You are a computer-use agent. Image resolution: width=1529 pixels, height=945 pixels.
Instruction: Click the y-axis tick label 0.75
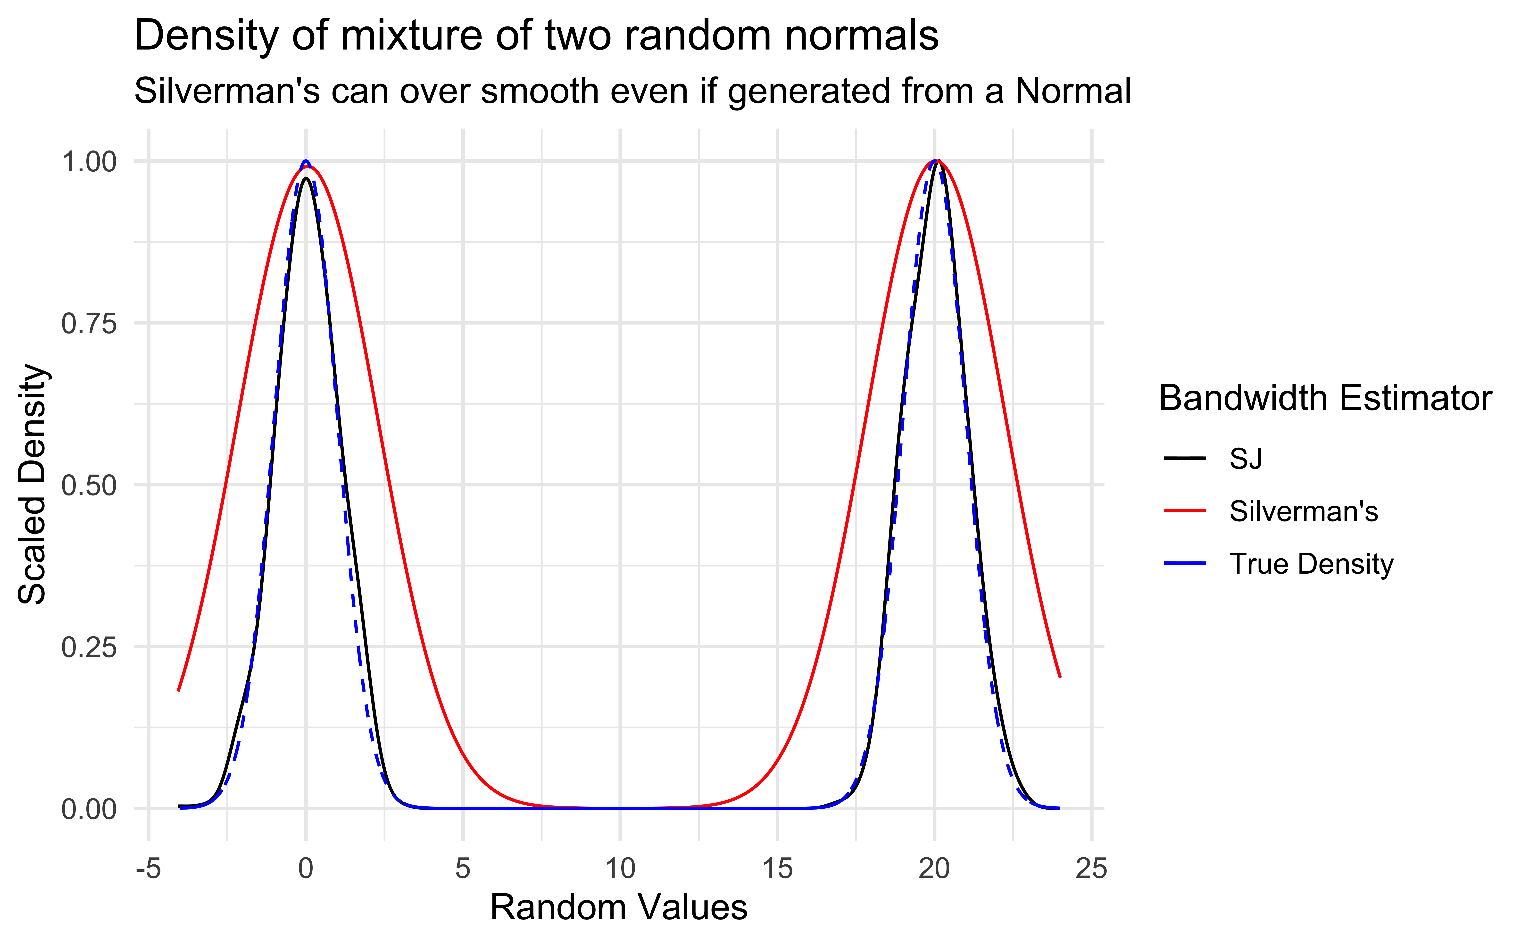[x=89, y=324]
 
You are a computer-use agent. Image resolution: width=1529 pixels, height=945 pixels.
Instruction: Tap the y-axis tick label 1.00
[x=89, y=162]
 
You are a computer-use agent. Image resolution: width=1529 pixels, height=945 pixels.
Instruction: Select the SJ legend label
[x=1245, y=459]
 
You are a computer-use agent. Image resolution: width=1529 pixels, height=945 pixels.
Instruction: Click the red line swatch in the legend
[x=1185, y=511]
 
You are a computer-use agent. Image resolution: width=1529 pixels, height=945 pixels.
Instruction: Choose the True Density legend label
[x=1311, y=564]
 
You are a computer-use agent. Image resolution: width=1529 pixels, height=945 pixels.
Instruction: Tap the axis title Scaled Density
[x=33, y=484]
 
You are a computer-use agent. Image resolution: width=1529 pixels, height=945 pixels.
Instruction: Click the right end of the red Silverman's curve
[x=1060, y=676]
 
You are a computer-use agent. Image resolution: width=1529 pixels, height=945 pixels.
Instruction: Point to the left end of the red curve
[x=179, y=690]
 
